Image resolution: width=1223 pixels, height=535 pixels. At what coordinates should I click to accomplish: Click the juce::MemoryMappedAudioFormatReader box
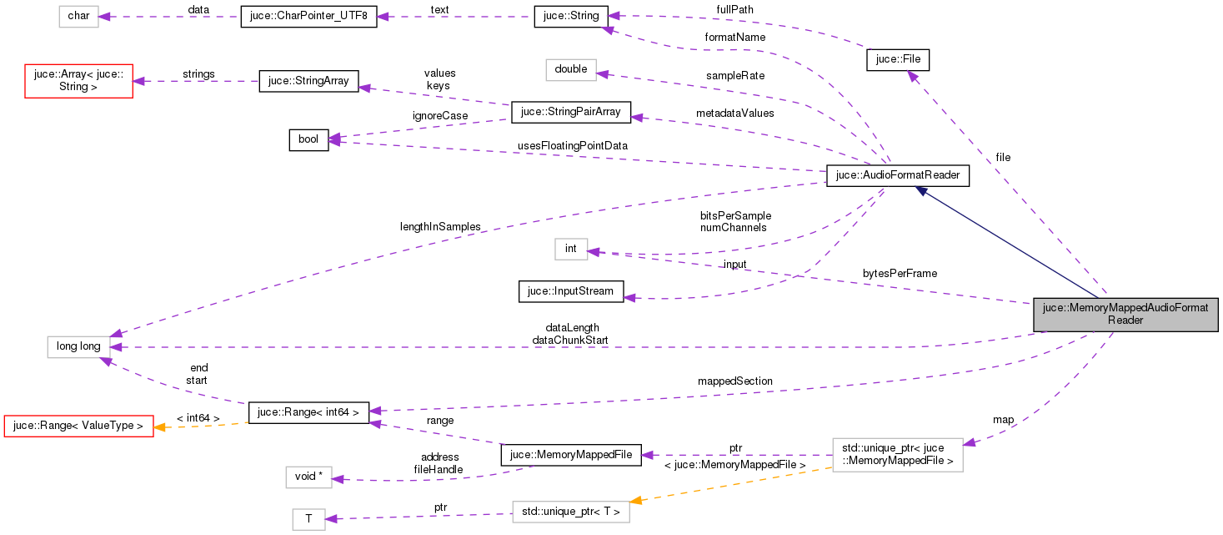1125,314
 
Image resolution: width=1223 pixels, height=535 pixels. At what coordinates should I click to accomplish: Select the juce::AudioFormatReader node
898,176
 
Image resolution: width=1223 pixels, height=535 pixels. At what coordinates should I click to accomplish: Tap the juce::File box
898,60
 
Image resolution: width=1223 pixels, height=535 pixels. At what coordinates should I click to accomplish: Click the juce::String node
571,16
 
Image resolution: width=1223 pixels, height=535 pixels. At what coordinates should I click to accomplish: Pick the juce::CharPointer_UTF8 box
308,17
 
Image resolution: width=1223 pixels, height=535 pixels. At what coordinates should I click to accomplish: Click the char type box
78,17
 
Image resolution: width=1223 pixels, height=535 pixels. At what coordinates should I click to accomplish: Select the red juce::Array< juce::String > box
78,80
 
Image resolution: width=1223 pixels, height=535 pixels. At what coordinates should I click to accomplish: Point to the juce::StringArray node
308,81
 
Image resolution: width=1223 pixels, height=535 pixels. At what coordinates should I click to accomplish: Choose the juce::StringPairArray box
570,111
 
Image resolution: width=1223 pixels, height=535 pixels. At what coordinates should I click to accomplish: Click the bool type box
308,139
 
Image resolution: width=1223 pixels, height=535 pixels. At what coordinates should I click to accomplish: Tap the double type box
570,69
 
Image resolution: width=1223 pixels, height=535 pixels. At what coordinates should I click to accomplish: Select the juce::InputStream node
570,291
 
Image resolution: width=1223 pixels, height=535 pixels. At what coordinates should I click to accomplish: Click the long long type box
78,346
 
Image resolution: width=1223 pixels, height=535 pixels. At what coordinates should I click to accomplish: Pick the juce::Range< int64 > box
308,411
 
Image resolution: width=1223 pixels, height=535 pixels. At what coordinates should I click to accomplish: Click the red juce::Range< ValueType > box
78,426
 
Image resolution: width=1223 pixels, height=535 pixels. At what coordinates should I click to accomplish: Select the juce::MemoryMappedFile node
570,455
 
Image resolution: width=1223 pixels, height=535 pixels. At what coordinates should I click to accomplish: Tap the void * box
308,476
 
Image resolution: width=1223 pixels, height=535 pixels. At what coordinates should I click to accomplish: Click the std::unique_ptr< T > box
570,512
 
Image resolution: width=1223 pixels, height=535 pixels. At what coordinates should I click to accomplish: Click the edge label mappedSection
734,381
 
